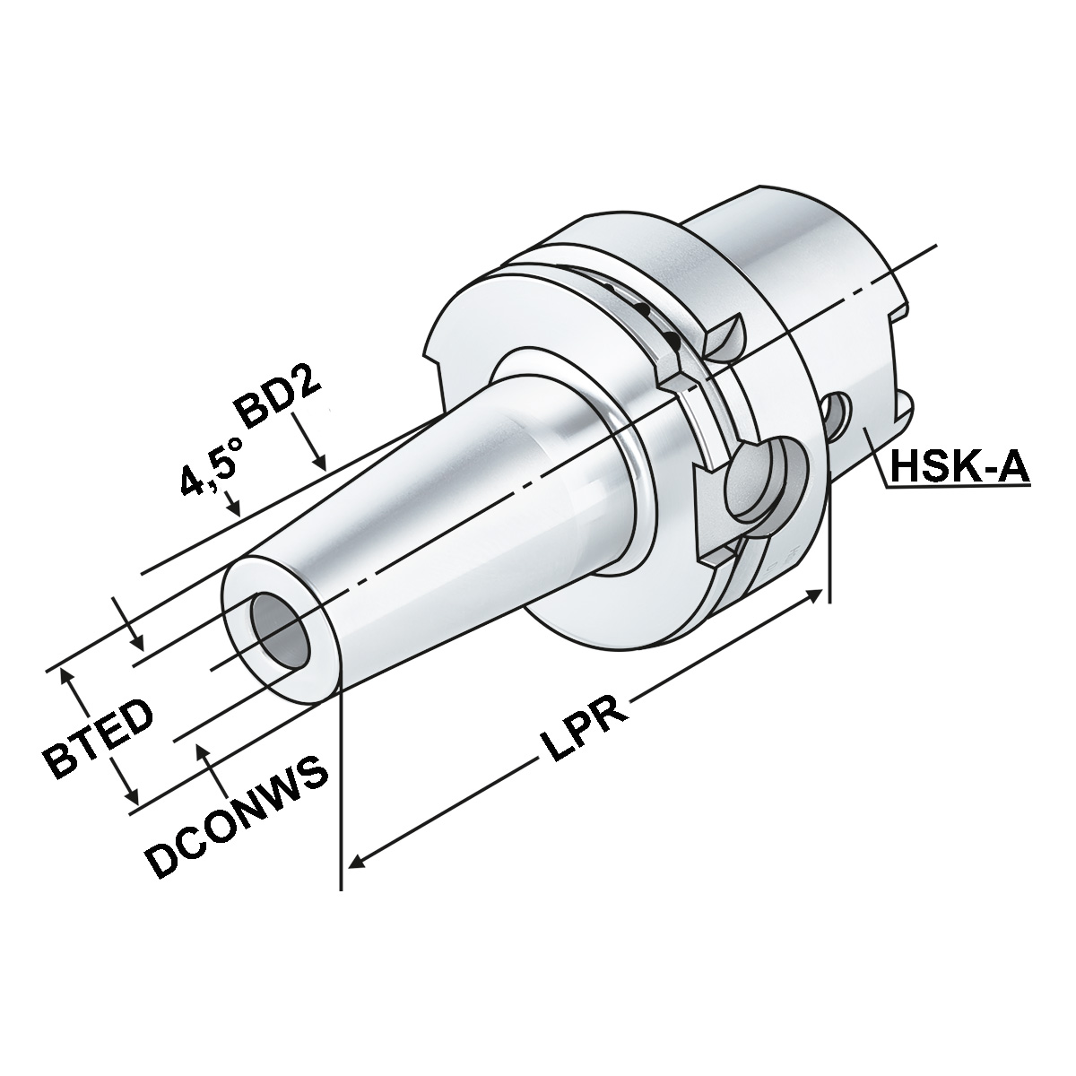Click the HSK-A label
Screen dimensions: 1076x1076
tap(958, 467)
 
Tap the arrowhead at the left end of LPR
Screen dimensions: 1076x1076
tap(355, 863)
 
